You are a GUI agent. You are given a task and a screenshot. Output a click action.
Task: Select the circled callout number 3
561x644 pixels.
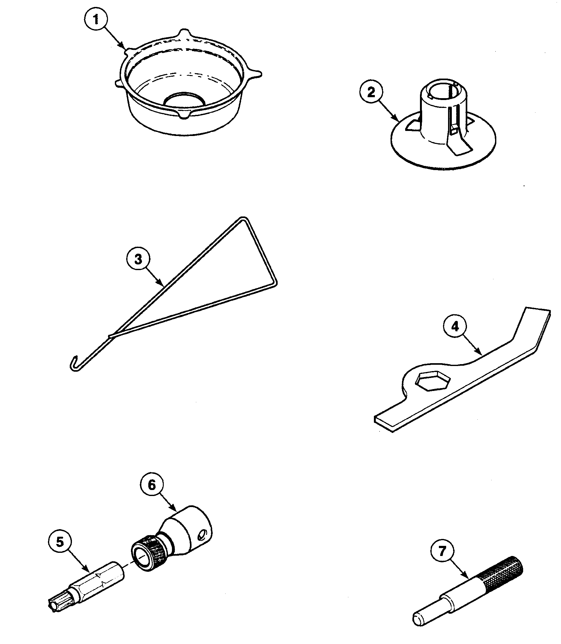(138, 259)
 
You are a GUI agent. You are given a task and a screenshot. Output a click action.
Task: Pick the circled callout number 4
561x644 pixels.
(455, 327)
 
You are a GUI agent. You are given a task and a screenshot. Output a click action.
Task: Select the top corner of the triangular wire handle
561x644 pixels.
(244, 219)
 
